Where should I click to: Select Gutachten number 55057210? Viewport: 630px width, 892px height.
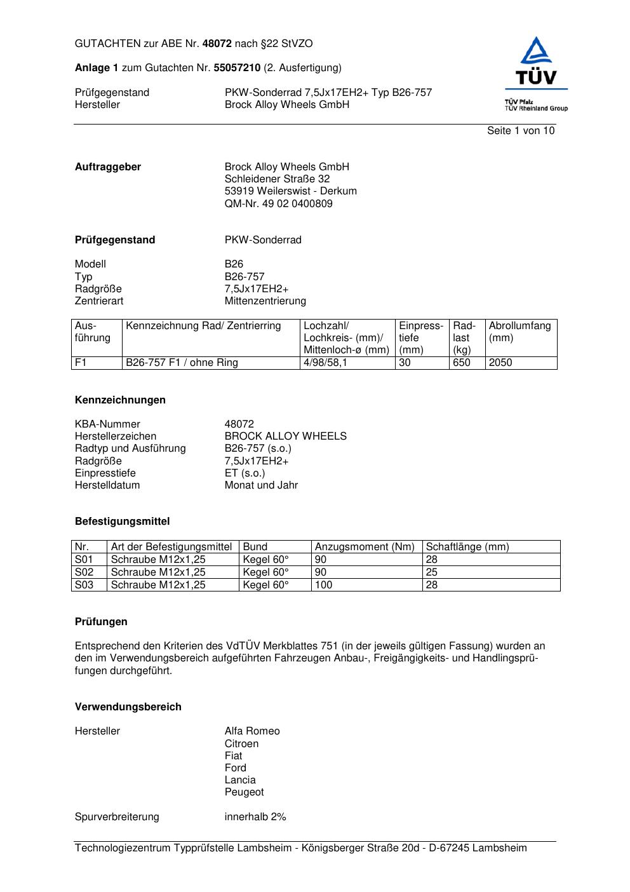pyautogui.click(x=237, y=67)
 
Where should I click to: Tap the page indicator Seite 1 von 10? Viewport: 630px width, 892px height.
pyautogui.click(x=520, y=131)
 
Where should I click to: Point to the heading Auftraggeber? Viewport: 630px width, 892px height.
pyautogui.click(x=108, y=167)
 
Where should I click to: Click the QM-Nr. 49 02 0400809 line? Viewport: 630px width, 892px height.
pyautogui.click(x=278, y=204)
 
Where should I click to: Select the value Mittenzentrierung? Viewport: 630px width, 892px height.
pyautogui.click(x=265, y=301)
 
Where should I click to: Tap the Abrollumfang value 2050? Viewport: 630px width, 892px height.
pyautogui.click(x=500, y=363)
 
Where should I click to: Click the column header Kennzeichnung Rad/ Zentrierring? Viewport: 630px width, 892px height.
pyautogui.click(x=203, y=326)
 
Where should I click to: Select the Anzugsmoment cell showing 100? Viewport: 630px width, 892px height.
pyautogui.click(x=323, y=585)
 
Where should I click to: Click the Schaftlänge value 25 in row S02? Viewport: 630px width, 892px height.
pyautogui.click(x=431, y=572)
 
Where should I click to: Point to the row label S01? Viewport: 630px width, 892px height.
pyautogui.click(x=84, y=560)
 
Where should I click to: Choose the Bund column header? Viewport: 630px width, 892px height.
pyautogui.click(x=255, y=547)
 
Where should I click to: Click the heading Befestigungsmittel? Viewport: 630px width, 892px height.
pyautogui.click(x=122, y=522)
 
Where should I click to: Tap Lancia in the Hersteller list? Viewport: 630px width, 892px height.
pyautogui.click(x=240, y=780)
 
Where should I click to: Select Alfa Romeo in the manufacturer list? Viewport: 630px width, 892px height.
pyautogui.click(x=251, y=731)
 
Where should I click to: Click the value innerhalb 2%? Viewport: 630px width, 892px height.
pyautogui.click(x=255, y=817)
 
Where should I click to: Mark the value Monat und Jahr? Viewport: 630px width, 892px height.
pyautogui.click(x=261, y=485)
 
